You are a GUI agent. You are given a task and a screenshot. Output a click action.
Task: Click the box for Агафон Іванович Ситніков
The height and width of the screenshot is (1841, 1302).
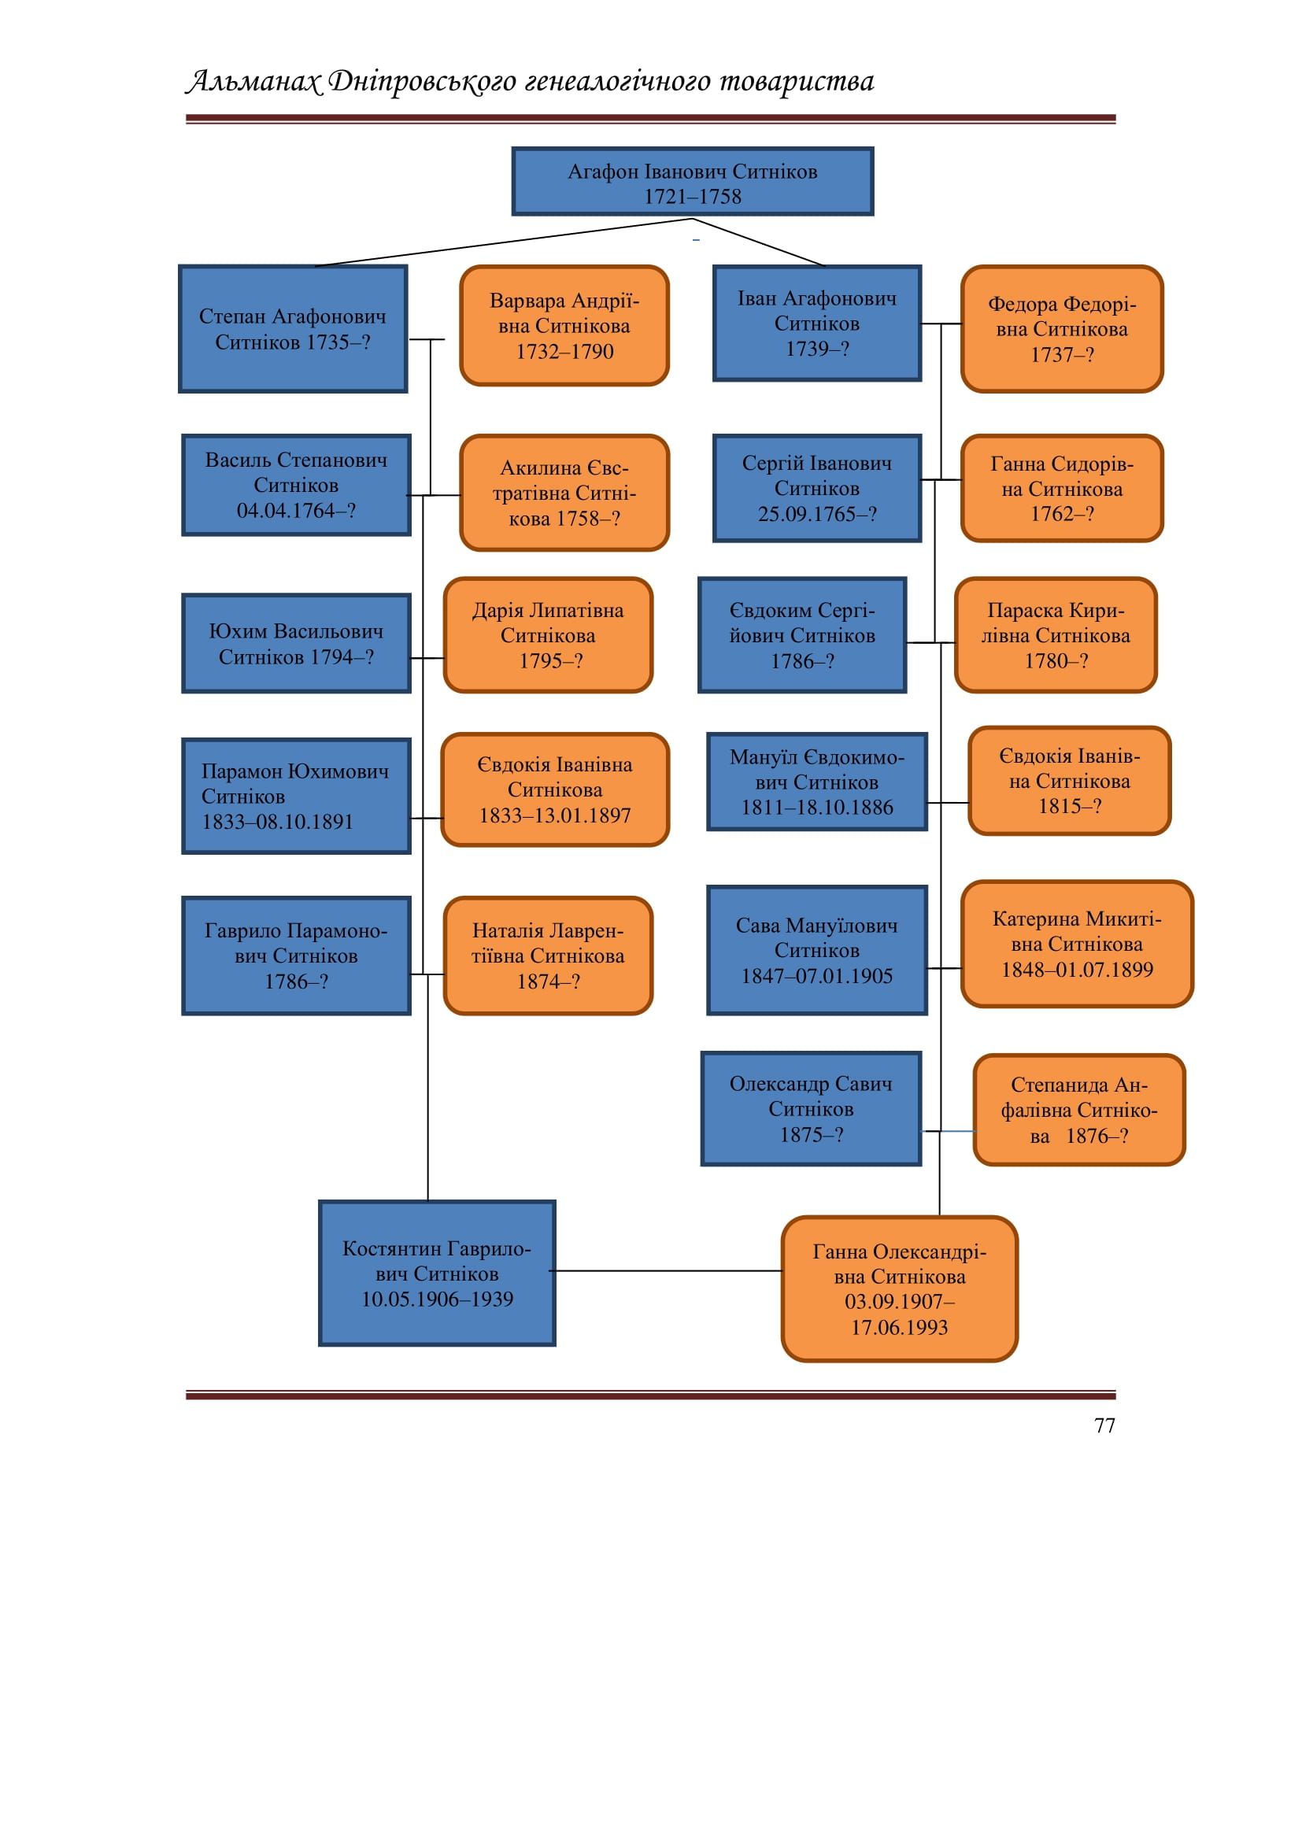693,181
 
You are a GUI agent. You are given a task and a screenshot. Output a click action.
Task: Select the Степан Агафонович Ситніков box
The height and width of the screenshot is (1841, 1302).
293,329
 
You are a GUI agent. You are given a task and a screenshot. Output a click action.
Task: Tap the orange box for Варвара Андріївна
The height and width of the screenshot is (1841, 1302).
564,326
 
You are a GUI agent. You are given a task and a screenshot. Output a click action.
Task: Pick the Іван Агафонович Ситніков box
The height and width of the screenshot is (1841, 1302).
817,323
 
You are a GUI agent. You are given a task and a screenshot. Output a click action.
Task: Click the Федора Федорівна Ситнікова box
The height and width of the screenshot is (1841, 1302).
1062,329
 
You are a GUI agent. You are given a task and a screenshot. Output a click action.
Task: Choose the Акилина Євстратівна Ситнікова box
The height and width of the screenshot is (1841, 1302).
564,492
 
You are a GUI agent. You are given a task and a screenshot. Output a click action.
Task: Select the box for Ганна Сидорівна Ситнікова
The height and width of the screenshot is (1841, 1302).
1062,488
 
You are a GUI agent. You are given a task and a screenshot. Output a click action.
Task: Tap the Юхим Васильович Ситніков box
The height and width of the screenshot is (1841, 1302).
296,643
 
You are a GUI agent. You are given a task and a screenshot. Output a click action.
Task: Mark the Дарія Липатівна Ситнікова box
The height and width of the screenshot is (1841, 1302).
549,635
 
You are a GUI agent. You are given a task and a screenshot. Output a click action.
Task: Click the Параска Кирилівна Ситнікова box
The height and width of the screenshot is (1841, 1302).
1056,635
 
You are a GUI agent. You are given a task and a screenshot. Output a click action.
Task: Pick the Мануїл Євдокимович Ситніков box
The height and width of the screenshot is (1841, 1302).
817,782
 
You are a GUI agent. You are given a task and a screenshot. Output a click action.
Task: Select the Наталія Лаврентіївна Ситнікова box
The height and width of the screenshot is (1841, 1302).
549,956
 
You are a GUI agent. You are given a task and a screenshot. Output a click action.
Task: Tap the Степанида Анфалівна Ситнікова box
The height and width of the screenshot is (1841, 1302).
1079,1110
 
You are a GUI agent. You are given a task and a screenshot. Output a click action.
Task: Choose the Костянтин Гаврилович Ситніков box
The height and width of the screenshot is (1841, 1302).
437,1274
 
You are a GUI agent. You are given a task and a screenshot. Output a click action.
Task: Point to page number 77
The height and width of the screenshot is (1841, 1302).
1104,1425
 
